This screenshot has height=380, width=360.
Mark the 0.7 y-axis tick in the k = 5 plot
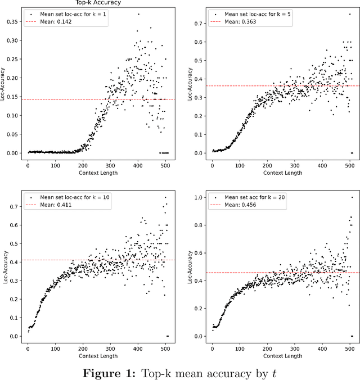199,24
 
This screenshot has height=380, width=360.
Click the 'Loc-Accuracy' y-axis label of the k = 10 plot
6,266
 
